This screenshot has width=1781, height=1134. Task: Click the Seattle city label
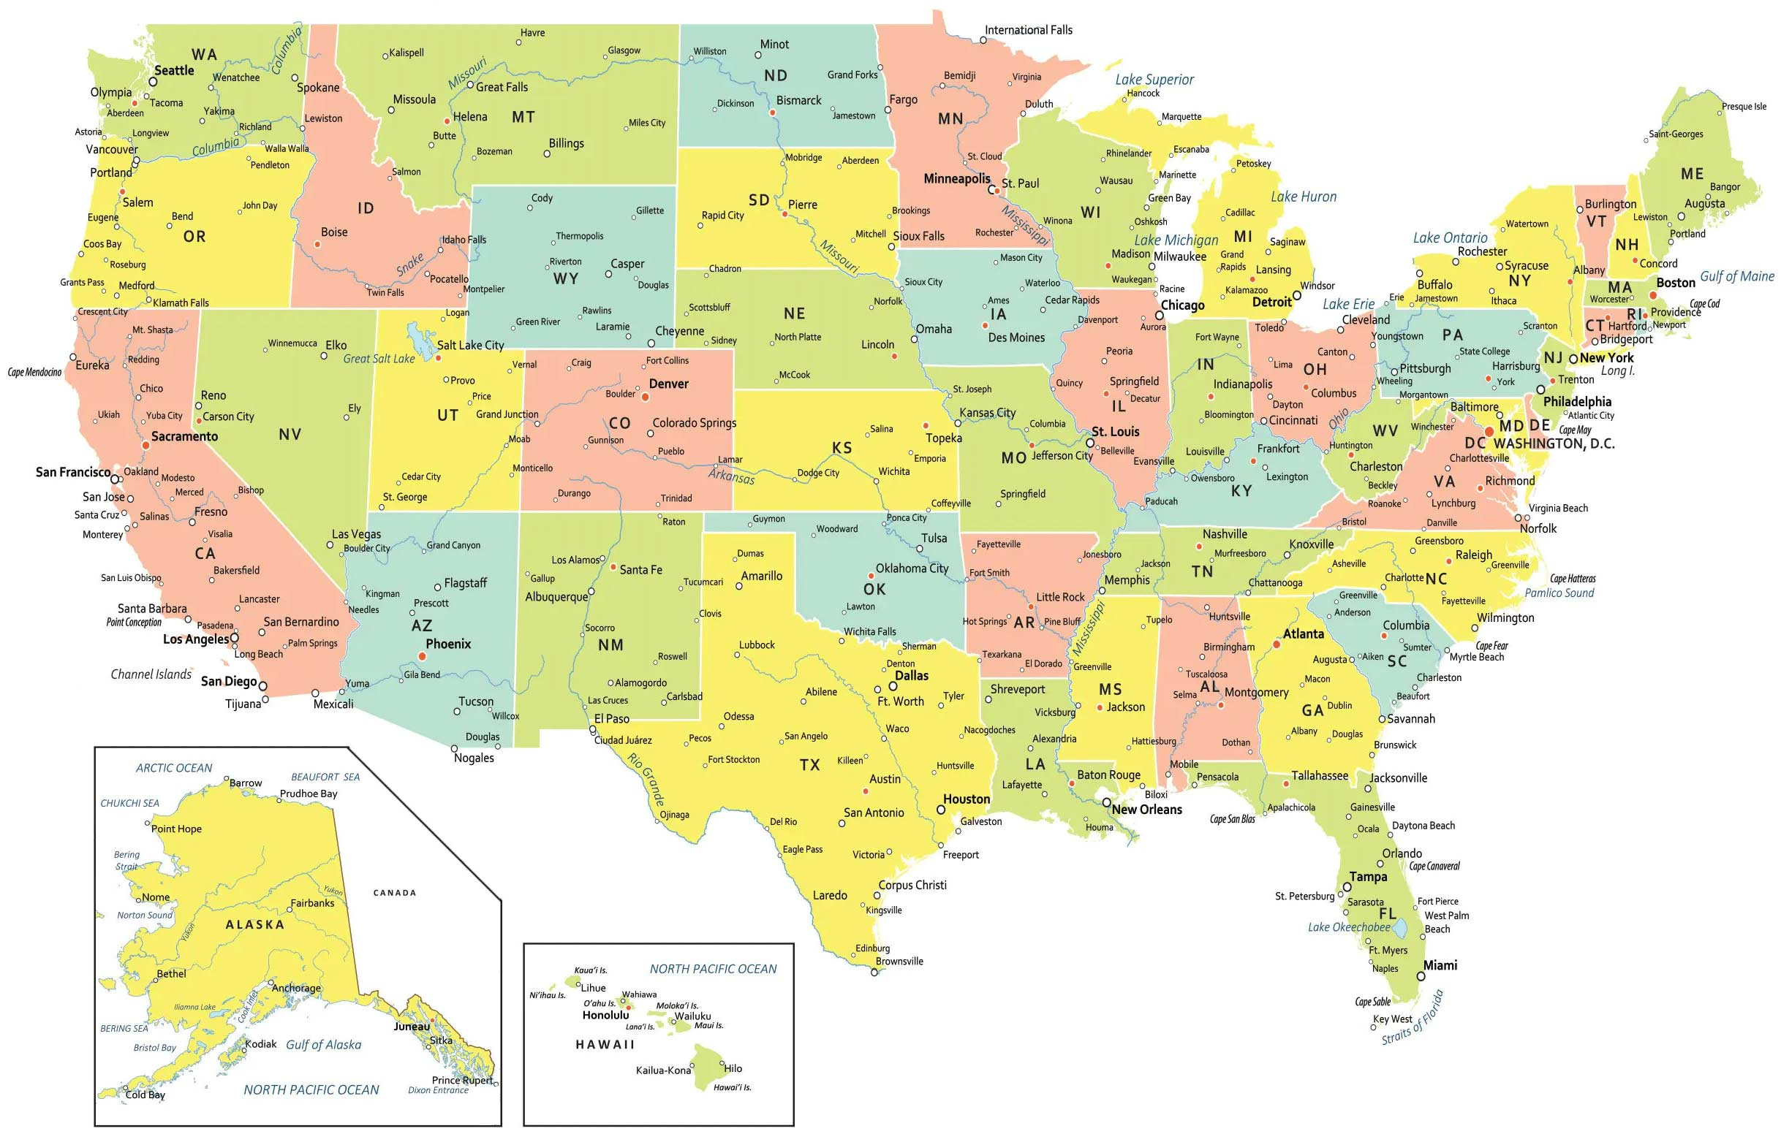(x=174, y=71)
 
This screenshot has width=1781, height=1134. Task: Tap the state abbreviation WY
(x=566, y=278)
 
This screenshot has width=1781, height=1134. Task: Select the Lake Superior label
(x=1154, y=79)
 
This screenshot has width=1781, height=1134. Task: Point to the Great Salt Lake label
(x=379, y=359)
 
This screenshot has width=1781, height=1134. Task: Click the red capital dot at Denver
(x=645, y=397)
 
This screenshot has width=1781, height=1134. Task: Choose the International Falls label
(x=1028, y=30)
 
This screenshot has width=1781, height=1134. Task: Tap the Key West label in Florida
(x=1393, y=1019)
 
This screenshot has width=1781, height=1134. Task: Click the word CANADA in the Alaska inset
(x=394, y=893)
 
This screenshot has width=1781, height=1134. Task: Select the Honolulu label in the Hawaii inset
(x=605, y=1015)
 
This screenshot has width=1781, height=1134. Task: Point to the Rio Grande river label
(x=646, y=779)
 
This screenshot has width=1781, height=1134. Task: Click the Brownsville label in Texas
(x=899, y=961)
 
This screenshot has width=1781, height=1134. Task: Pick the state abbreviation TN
(x=1202, y=571)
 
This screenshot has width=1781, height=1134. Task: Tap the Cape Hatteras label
(x=1573, y=579)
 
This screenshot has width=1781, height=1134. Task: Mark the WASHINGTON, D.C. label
(x=1554, y=444)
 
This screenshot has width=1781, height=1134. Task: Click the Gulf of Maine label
(x=1736, y=276)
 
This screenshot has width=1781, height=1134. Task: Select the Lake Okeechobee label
(x=1349, y=927)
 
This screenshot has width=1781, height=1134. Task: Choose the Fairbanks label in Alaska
(x=312, y=902)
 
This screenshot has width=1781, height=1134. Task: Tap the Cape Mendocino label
(x=35, y=372)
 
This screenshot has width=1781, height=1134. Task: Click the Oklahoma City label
(x=912, y=568)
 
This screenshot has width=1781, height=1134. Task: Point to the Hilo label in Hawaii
(x=733, y=1068)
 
